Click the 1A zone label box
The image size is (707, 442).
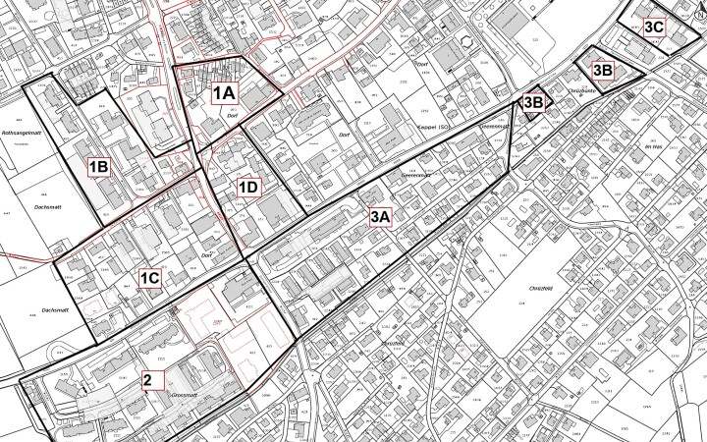point(224,92)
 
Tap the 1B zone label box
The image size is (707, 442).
point(98,166)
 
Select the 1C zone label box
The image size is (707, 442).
point(150,277)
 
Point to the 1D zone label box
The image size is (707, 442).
point(247,187)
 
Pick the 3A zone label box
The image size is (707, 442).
point(381,217)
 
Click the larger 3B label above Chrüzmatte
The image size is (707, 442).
point(602,70)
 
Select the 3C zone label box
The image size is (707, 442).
point(655,28)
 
